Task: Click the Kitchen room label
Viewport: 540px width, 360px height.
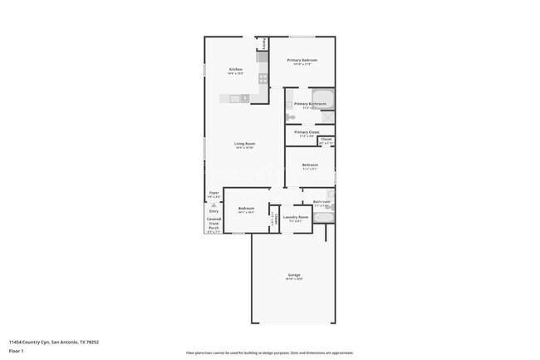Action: (235, 70)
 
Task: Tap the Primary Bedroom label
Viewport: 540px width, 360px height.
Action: (302, 61)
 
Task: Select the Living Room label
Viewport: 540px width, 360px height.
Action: (244, 144)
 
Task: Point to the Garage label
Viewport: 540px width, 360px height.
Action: (294, 274)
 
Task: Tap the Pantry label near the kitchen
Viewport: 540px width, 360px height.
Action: (265, 42)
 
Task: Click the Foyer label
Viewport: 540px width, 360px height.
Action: (214, 193)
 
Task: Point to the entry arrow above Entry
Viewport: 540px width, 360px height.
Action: (214, 205)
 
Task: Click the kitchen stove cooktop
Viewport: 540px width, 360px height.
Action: (263, 79)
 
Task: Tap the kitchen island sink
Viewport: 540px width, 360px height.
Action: (235, 99)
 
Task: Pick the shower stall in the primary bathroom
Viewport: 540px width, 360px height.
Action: (327, 117)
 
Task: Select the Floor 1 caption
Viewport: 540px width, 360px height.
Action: (16, 351)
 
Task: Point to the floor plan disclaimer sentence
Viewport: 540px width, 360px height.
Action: (269, 353)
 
